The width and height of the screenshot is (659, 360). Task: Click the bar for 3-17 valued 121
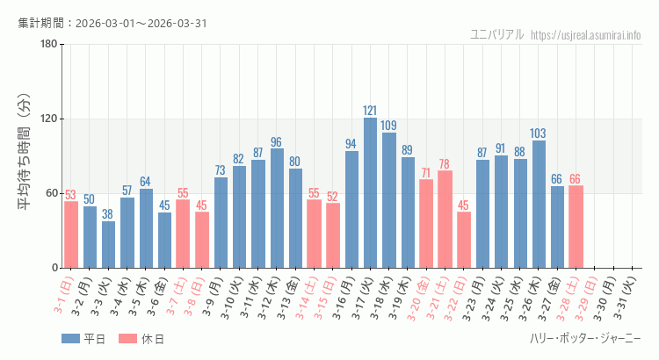point(370,192)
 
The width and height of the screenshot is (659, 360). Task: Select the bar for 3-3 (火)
point(108,244)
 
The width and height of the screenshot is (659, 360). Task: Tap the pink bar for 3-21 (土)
point(445,219)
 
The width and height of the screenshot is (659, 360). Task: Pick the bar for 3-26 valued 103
point(539,204)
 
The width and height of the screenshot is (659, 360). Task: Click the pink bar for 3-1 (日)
point(70,234)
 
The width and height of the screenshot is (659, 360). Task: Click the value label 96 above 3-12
point(276,142)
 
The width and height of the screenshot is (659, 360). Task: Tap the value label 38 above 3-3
point(108,214)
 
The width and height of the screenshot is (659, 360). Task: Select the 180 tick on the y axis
point(48,45)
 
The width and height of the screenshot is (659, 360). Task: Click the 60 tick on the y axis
point(51,193)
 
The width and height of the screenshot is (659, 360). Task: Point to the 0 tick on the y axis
point(54,268)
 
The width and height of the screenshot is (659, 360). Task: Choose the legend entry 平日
point(83,339)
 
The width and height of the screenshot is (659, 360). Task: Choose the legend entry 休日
point(141,339)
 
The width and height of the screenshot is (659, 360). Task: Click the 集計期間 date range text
point(112,23)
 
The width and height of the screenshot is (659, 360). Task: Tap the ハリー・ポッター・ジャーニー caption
point(585,339)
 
